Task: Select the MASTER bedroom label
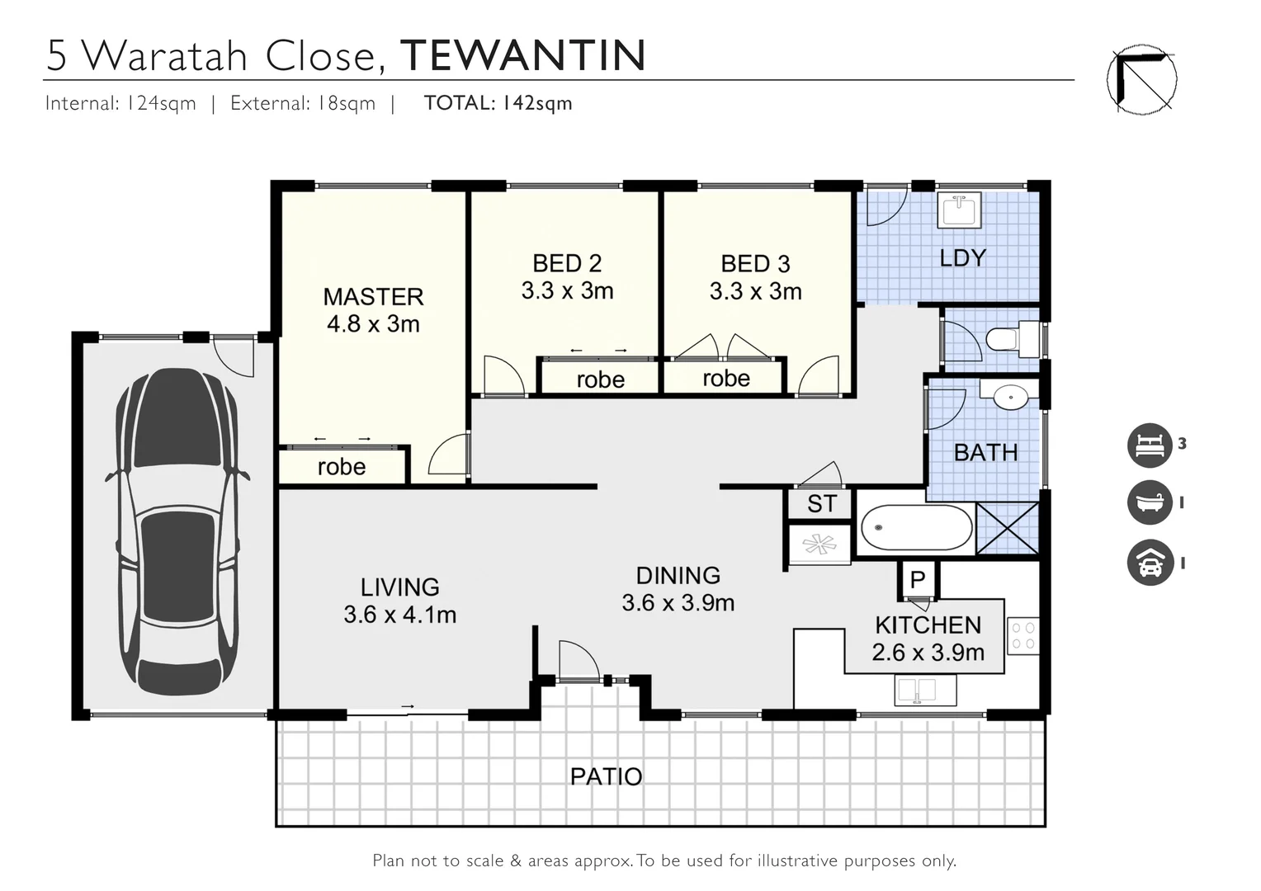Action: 373,297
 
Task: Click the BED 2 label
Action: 567,264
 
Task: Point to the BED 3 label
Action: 755,264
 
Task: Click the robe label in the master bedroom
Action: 341,467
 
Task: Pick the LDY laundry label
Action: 962,258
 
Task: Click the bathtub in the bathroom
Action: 915,528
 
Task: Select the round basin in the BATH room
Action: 1010,397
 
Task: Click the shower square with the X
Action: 1007,528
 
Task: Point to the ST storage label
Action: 821,504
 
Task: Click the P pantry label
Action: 918,580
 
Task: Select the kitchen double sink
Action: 917,690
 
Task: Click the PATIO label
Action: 606,776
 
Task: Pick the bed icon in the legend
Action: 1150,445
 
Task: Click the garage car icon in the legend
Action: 1150,563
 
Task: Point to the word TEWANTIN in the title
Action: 522,56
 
